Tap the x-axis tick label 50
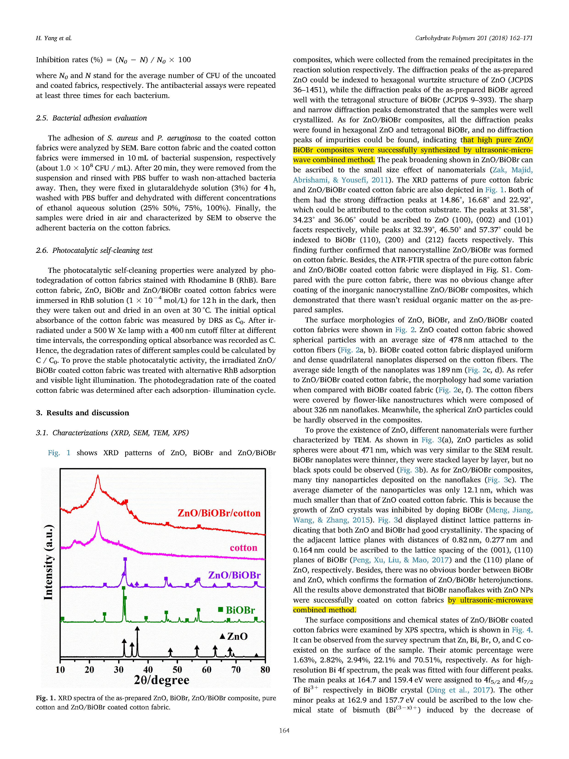(177, 670)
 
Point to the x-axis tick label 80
(265, 670)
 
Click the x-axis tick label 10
(60, 670)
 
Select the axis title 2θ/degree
(161, 680)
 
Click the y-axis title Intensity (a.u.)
(48, 563)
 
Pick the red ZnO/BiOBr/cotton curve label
(219, 513)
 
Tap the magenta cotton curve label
(244, 548)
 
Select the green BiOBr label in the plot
(240, 610)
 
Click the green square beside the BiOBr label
(221, 609)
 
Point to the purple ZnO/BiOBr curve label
(234, 575)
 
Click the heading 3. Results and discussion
(83, 413)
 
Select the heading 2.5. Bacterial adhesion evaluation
(91, 118)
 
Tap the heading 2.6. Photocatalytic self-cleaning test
(94, 251)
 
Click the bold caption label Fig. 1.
(46, 698)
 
